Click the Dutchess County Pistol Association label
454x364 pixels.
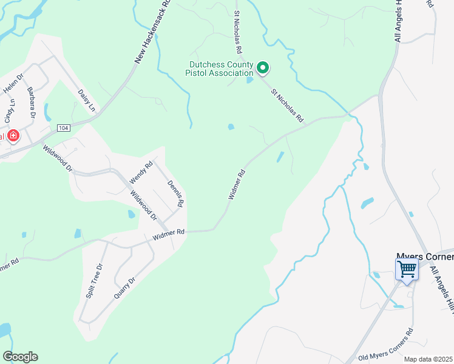(220, 68)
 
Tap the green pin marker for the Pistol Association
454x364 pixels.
(262, 68)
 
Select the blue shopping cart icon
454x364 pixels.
(407, 268)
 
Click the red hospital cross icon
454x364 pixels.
(12, 135)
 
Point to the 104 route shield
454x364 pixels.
(63, 128)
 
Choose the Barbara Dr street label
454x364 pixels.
(32, 102)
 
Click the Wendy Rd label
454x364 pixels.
(141, 173)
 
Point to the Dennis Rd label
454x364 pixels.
(176, 194)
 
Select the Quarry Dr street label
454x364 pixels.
(123, 287)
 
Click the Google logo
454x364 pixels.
(20, 357)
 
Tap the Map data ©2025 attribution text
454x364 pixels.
(429, 359)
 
